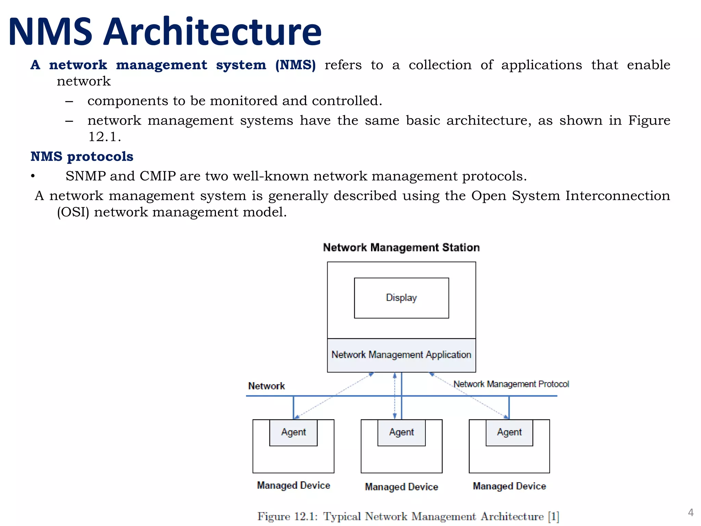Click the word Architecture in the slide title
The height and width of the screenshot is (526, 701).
[212, 32]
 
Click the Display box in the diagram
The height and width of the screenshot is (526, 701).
[401, 298]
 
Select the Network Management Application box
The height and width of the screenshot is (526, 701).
[401, 355]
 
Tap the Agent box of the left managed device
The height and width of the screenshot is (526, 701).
[293, 432]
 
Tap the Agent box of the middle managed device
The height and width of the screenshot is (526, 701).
[401, 432]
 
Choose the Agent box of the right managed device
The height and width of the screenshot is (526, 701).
[509, 432]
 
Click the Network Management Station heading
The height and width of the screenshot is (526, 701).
[401, 248]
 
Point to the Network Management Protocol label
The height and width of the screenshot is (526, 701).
[511, 384]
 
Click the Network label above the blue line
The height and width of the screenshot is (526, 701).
[266, 386]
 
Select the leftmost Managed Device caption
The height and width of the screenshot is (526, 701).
[293, 485]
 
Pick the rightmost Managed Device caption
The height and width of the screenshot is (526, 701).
[509, 486]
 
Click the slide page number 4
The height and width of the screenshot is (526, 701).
[690, 512]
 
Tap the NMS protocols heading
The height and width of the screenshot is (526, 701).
[82, 156]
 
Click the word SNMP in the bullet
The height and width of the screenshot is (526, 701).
[86, 176]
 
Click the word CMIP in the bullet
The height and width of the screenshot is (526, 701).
[157, 176]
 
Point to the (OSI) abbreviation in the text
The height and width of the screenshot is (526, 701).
[73, 212]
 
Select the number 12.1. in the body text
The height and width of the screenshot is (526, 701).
[104, 137]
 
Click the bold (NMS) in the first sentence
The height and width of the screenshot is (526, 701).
[295, 65]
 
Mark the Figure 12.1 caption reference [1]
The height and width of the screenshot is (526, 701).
[553, 516]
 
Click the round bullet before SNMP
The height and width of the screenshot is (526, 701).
[33, 176]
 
